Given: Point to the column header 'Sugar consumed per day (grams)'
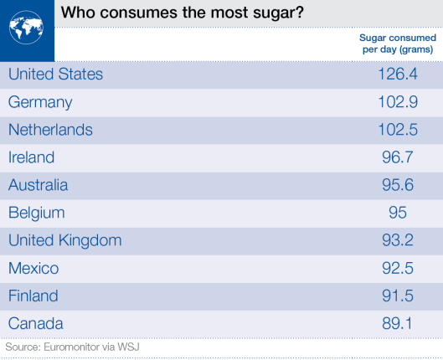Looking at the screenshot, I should click(397, 44).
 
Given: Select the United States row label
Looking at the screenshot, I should click(56, 75).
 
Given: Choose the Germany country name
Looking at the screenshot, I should click(40, 102).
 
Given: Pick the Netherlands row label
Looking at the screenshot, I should click(50, 130).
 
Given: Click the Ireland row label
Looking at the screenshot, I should click(31, 157).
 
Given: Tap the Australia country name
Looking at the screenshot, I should click(38, 185).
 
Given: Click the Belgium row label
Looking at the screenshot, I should click(36, 213).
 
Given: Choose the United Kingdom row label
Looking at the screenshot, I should click(64, 240).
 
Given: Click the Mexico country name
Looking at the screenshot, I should click(33, 268).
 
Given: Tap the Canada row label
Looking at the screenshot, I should click(35, 323).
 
